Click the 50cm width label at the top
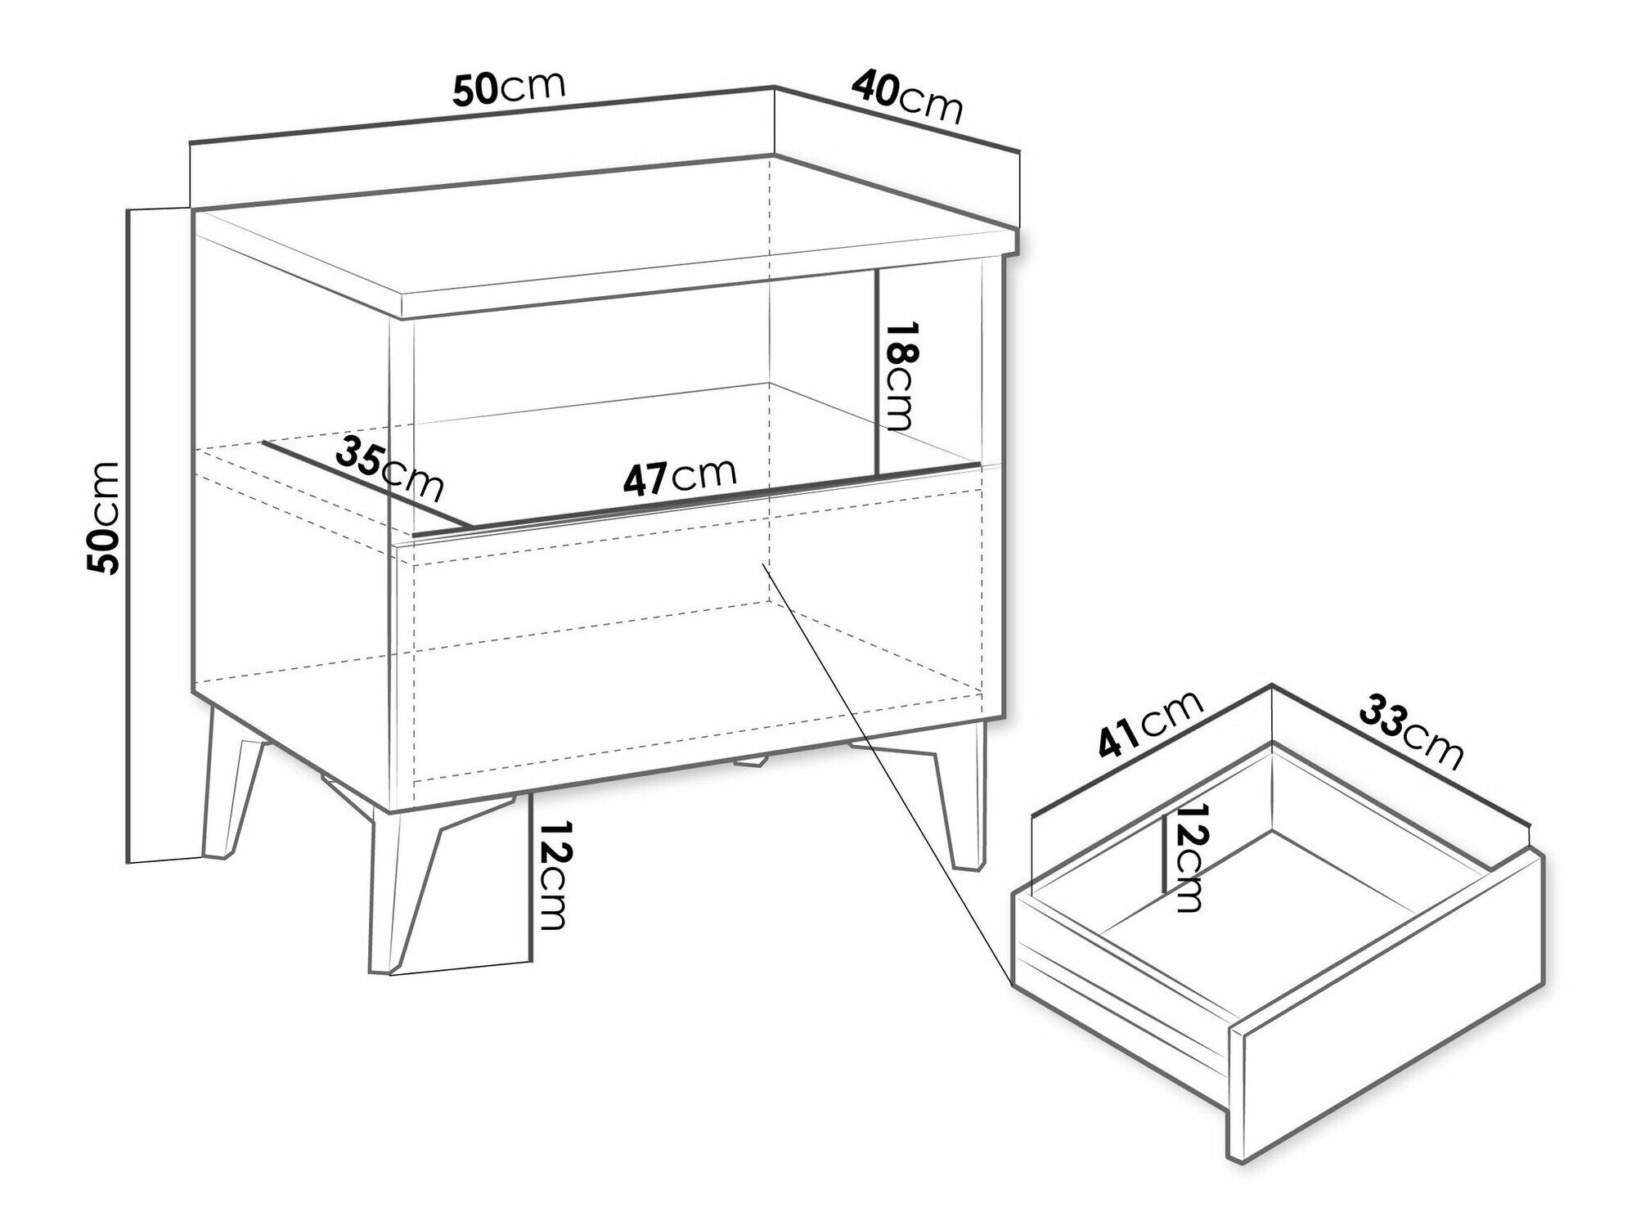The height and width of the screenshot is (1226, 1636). point(509,88)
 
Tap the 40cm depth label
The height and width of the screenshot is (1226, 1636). point(906,96)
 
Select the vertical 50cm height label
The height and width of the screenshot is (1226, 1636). point(104,517)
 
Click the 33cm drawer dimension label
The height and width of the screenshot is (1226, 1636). point(1410,731)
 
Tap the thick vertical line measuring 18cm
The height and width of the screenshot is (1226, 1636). point(876,371)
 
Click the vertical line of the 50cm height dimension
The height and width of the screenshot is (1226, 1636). point(129,535)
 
